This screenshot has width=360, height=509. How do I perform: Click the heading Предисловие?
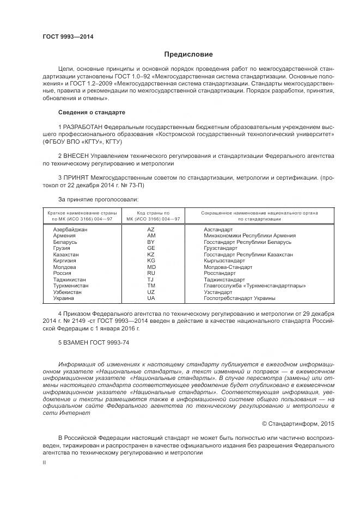coord(188,54)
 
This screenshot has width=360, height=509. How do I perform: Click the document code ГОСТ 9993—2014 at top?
coord(68,37)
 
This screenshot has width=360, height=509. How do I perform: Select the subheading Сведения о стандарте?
coord(91,112)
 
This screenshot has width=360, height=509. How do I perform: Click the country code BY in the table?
coord(151,242)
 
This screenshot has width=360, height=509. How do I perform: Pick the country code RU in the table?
coord(151,273)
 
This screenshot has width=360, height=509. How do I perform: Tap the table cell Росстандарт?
coord(219,273)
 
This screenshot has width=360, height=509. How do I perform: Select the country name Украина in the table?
coord(64,298)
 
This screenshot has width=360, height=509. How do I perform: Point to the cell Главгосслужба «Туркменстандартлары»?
coord(254,286)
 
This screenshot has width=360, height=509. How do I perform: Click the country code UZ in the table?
coord(151,292)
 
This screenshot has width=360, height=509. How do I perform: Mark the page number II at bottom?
coord(45,462)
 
